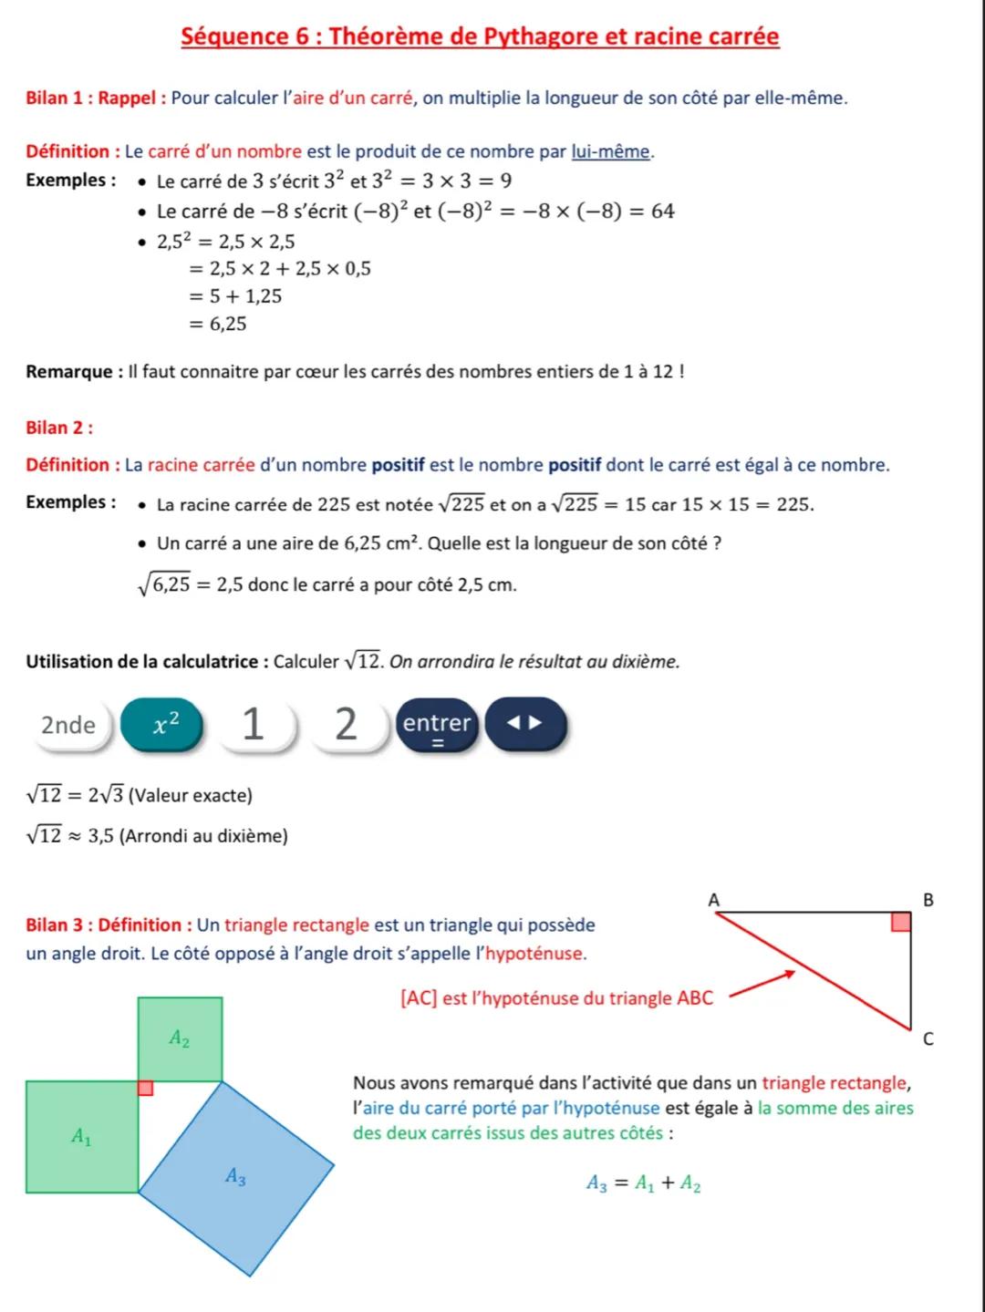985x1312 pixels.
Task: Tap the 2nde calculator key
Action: point(68,725)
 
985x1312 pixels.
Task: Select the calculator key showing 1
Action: point(254,725)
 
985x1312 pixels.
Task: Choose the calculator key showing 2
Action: point(347,725)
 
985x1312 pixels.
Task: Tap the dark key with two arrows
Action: point(525,724)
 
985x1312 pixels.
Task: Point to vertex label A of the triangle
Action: point(714,900)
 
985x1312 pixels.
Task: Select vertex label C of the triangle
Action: point(928,1038)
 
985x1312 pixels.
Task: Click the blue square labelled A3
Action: point(236,1177)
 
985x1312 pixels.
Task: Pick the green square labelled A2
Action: point(180,1038)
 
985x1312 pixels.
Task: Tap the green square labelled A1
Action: point(82,1136)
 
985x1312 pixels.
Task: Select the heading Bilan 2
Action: point(60,428)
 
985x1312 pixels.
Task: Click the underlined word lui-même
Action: point(611,151)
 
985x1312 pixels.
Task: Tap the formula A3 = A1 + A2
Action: point(643,1183)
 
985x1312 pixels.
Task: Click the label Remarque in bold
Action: point(69,372)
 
